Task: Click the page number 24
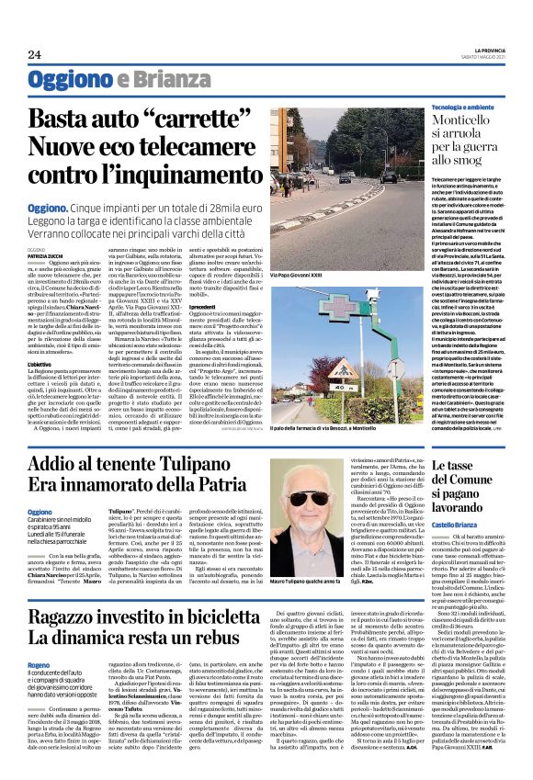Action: point(34,55)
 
